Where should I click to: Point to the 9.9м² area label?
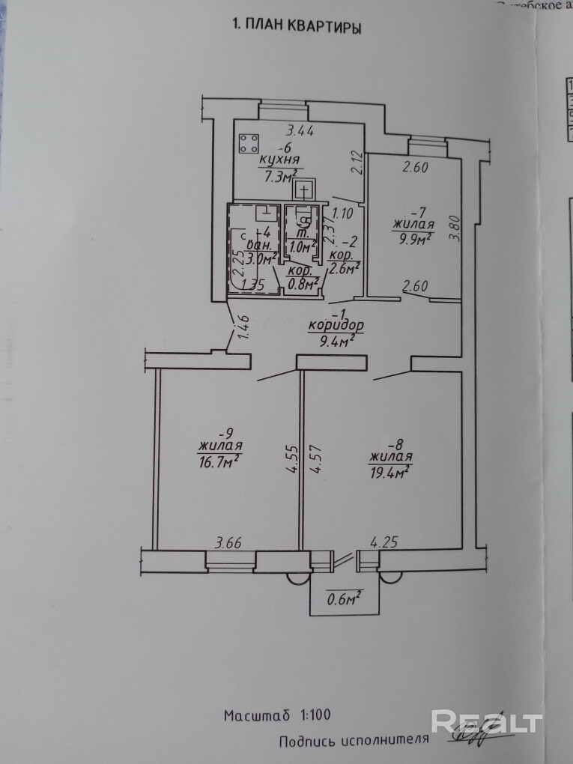tap(413, 239)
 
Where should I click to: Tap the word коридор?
tap(335, 326)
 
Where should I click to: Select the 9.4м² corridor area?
tap(332, 342)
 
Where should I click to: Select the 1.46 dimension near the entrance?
tap(243, 328)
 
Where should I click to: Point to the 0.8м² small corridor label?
tap(304, 282)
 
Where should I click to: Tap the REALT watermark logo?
tap(486, 722)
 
